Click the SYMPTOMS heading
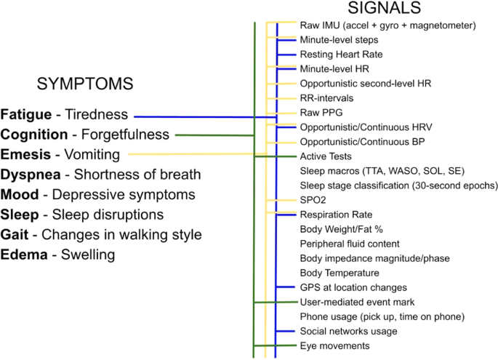coord(84,84)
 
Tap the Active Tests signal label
coord(326,156)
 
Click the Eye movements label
coord(334,345)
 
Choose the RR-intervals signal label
coord(327,98)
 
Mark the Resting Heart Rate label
coord(341,55)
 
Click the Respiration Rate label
coord(336,215)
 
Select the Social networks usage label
coord(348,331)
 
